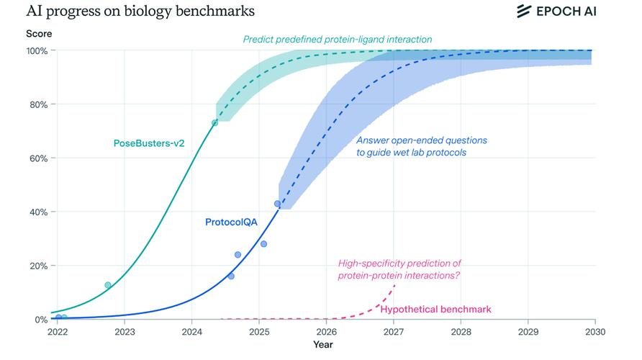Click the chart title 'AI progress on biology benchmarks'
coord(130,12)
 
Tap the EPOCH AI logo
coord(556,11)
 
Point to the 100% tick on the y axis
coord(37,50)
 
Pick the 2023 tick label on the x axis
coord(125,332)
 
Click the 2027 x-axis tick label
coord(394,332)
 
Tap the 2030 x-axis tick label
coord(594,332)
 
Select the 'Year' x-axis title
coord(323,345)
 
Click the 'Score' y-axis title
coord(38,34)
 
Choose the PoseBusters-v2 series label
coord(149,143)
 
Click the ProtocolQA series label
coord(231,222)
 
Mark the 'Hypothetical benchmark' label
coord(435,310)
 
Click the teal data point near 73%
coord(214,123)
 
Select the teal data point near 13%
coord(108,285)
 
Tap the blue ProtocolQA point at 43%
coord(277,204)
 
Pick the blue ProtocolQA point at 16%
coord(231,276)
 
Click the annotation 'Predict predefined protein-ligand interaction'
coord(338,40)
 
